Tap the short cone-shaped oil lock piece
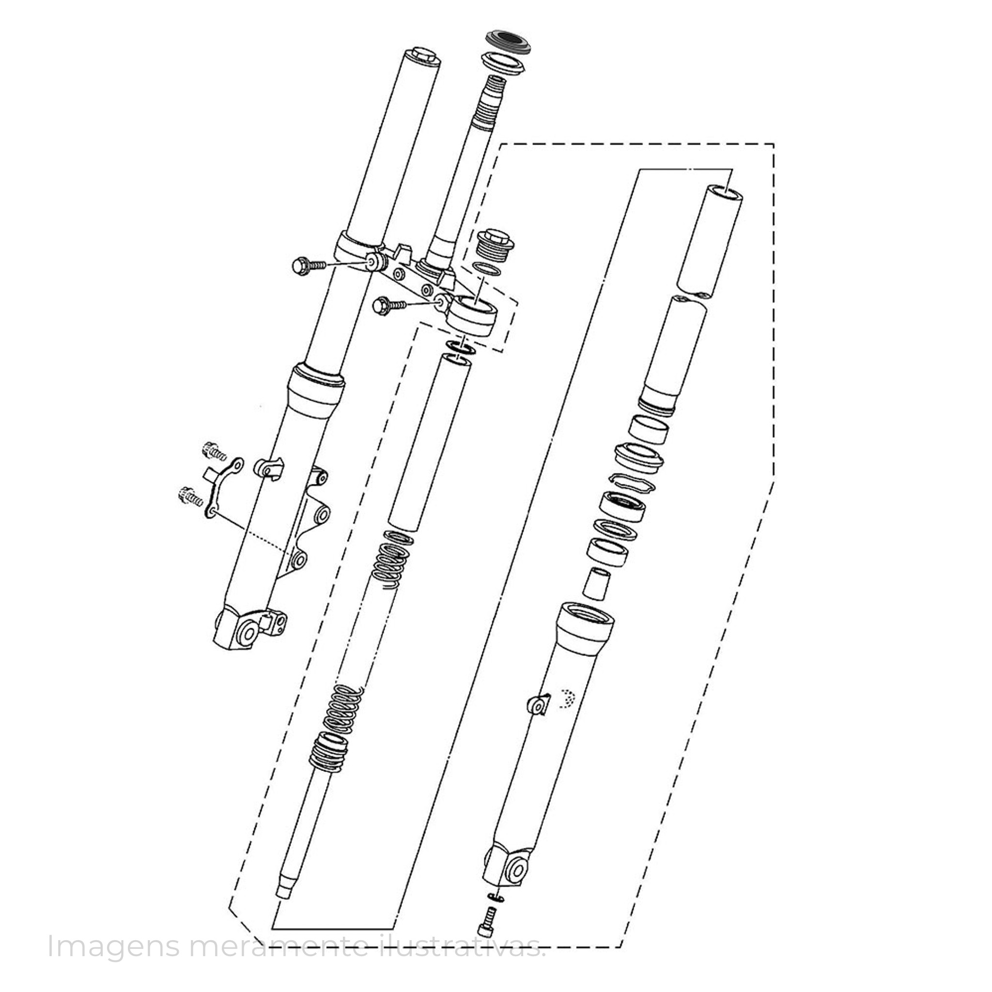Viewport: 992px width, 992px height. pos(597,583)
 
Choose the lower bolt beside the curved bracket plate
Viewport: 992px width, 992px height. pos(188,495)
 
